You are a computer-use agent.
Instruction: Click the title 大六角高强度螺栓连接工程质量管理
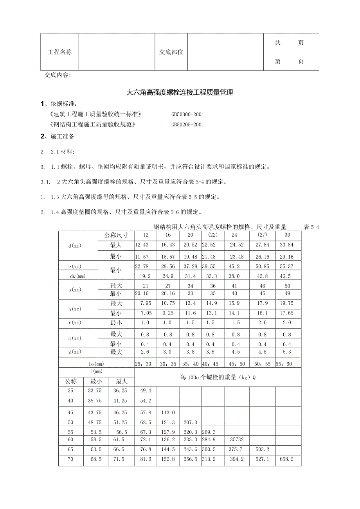tap(180, 93)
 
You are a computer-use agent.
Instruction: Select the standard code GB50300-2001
tap(187, 115)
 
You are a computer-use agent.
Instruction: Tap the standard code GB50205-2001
tap(187, 125)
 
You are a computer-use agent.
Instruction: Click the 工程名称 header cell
tap(60, 52)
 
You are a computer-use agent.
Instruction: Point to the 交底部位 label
tap(171, 52)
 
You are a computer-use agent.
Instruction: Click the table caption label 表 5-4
tap(311, 227)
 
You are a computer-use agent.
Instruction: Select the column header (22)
tap(213, 236)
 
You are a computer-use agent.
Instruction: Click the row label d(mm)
tap(75, 246)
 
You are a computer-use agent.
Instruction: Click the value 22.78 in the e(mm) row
tap(143, 266)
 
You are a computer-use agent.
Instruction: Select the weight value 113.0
tap(168, 412)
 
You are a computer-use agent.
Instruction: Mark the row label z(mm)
tap(75, 353)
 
